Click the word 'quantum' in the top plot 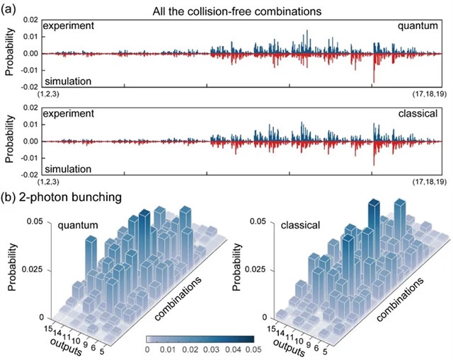(x=415, y=26)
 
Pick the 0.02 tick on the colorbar (x=210, y=349)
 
